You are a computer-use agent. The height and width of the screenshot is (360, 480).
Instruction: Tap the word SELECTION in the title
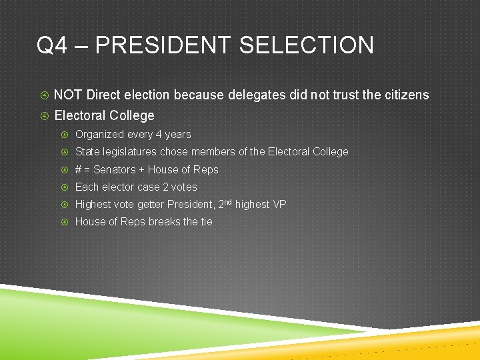coord(306,46)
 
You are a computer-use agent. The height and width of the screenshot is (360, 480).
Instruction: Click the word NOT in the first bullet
coord(68,95)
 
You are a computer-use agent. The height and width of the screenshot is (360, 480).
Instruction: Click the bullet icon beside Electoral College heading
coord(43,116)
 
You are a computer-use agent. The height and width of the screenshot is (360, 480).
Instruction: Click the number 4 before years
coord(159,135)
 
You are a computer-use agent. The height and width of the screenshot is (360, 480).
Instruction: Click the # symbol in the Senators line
coord(79,170)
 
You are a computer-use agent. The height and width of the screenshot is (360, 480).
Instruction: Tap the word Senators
coord(115,170)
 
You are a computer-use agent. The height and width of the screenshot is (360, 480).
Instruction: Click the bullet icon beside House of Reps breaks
coord(65,222)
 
